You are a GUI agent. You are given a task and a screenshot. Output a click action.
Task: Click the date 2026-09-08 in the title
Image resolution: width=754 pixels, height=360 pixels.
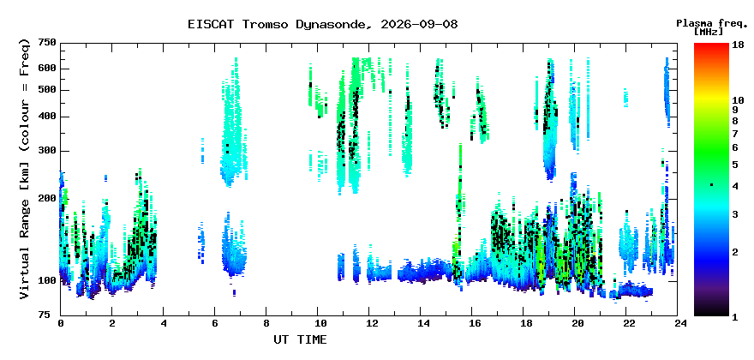coord(419,24)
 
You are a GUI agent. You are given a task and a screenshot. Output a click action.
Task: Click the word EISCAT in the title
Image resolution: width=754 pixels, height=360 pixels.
coord(211,24)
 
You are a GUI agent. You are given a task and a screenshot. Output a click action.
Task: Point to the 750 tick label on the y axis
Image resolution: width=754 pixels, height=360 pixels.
coord(46,44)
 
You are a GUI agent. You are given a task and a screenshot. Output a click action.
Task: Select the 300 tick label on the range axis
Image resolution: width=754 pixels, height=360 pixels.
coord(46,151)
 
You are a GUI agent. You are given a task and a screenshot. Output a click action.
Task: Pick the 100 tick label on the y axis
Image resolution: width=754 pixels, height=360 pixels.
coord(46,280)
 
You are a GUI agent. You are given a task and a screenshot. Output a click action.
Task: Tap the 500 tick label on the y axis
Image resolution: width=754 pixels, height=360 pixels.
coord(46,90)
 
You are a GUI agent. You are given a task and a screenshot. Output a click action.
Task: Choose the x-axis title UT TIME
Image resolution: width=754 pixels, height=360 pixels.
coord(300,339)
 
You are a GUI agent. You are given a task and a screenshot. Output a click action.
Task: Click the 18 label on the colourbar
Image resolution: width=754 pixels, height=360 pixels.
coord(738,45)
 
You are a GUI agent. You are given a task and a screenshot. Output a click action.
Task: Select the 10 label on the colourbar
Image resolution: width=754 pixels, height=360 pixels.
coord(738,100)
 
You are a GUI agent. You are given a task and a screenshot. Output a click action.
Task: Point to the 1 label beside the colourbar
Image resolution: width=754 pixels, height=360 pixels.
coord(735,318)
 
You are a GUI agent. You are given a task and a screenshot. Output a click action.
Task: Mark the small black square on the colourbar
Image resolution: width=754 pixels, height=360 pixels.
coord(712,185)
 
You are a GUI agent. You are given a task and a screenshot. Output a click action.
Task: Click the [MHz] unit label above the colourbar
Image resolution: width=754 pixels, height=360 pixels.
coord(709,31)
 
